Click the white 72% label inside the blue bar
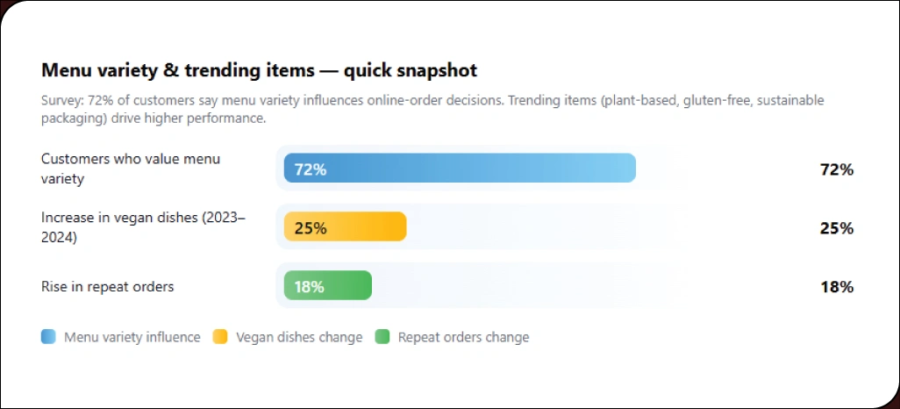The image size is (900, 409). point(311,169)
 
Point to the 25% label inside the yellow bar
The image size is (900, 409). point(311,228)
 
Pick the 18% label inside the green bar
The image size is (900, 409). point(309,287)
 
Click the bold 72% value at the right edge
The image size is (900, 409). point(836,169)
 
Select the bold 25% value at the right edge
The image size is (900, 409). point(836,228)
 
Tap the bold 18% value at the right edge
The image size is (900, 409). point(836,287)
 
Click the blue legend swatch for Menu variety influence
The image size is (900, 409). point(48,337)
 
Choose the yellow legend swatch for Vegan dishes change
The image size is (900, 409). point(220,337)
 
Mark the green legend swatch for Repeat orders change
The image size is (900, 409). point(382,337)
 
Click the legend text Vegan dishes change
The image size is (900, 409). point(299,337)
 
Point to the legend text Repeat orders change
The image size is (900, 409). point(463,337)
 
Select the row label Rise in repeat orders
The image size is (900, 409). point(107,286)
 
